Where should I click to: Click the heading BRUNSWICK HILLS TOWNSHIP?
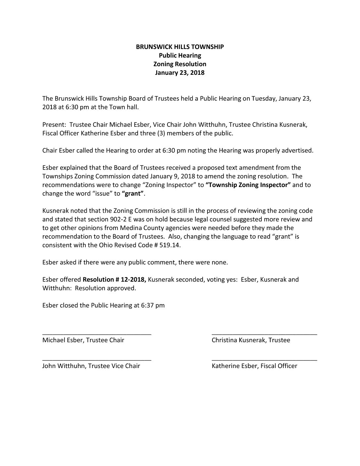click(180, 47)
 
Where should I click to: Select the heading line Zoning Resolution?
click(180, 64)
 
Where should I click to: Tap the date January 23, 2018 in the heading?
click(180, 72)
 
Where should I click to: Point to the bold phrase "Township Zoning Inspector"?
click(248, 185)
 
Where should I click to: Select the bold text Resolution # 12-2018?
click(114, 279)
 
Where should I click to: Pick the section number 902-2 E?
click(155, 219)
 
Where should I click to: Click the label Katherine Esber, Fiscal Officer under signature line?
click(254, 366)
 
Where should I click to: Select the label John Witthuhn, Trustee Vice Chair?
click(91, 366)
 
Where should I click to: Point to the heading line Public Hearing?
click(180, 55)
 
